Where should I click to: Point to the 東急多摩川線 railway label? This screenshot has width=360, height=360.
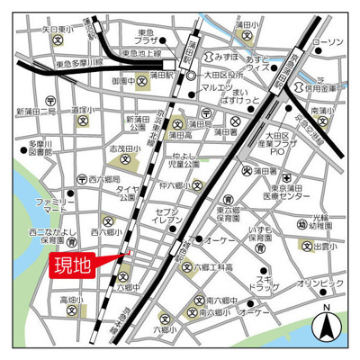coord(82,65)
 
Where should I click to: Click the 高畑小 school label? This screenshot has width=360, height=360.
coord(72,300)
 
